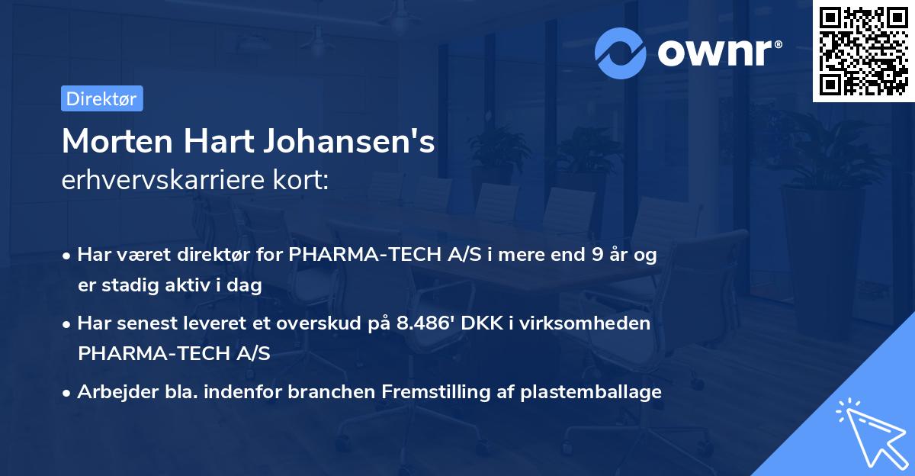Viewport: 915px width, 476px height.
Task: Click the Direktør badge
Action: pos(101,98)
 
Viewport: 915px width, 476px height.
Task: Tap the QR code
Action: pos(863,51)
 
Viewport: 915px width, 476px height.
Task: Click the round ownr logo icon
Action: pos(621,53)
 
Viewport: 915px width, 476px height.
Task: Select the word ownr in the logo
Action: pos(713,53)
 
